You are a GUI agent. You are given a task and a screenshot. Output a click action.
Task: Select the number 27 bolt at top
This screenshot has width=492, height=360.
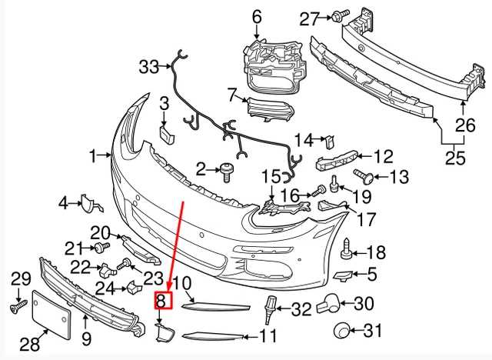click(342, 15)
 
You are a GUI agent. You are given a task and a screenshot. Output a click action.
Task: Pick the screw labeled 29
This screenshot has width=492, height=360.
click(15, 307)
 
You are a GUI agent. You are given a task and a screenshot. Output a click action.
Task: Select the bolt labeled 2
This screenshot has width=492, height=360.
click(228, 172)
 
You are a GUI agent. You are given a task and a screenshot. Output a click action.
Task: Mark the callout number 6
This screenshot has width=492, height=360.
click(256, 16)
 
